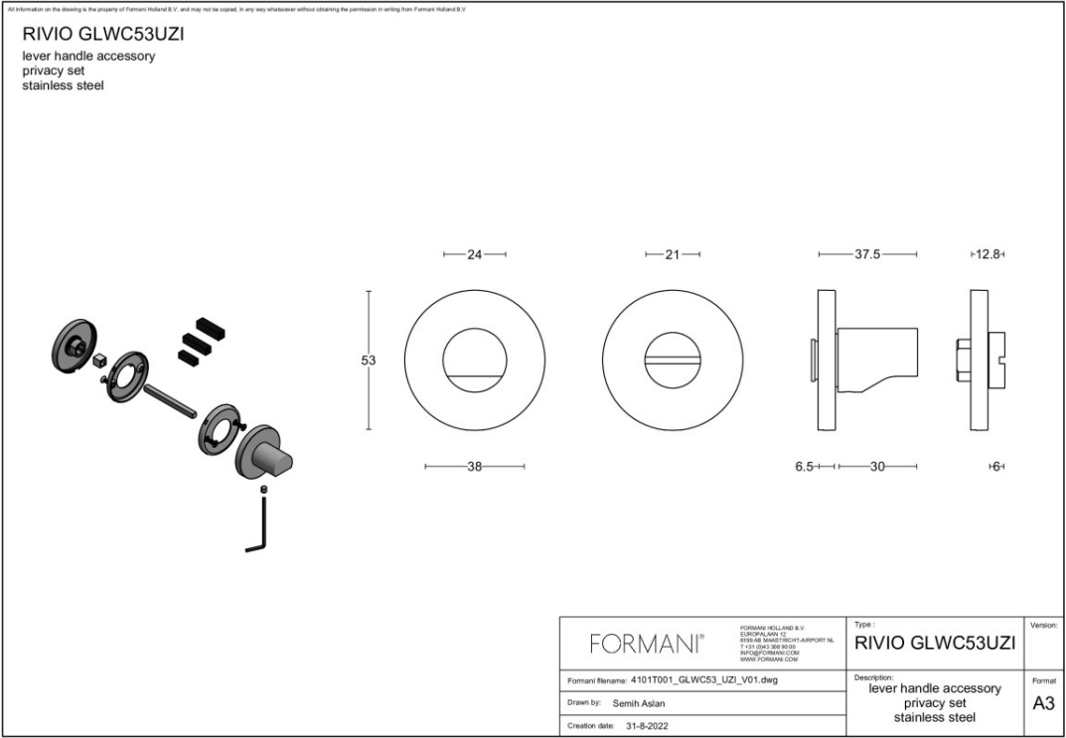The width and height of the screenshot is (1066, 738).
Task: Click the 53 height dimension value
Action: click(x=369, y=361)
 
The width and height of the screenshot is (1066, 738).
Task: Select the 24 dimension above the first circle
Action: click(x=474, y=255)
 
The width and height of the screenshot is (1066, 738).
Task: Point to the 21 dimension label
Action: click(x=672, y=255)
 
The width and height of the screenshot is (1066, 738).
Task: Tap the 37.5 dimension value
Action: click(x=867, y=255)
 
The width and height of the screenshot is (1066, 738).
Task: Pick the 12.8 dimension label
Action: click(x=988, y=255)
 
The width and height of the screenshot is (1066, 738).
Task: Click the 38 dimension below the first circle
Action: click(x=474, y=466)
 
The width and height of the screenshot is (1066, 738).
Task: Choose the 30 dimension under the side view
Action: click(x=876, y=466)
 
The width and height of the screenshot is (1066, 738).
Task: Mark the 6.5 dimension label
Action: click(x=805, y=466)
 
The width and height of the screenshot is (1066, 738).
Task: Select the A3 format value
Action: click(x=1043, y=704)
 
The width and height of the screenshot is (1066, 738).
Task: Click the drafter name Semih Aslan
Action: click(x=639, y=703)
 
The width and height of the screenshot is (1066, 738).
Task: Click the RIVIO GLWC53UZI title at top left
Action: click(x=102, y=34)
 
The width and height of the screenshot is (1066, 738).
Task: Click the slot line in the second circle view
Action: click(x=672, y=362)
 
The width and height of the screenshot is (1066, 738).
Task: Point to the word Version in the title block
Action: click(x=1044, y=626)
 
